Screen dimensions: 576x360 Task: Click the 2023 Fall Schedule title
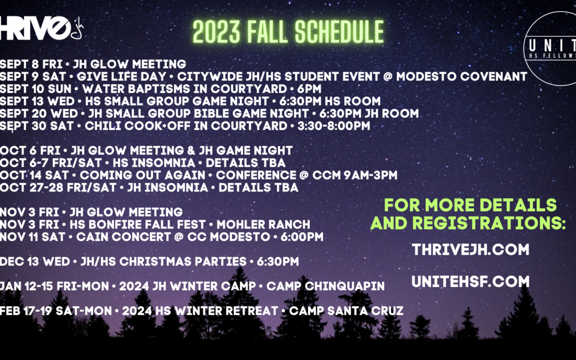tap(289, 32)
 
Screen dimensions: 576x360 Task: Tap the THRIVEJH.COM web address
tap(470, 250)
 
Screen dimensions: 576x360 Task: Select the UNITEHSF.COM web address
tap(470, 282)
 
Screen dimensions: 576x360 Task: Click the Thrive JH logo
tap(41, 28)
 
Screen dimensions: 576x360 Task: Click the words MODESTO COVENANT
tap(462, 76)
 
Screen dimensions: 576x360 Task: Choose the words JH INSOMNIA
tap(167, 188)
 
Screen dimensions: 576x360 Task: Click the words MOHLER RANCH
tap(263, 225)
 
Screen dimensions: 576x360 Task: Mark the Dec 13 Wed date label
tap(35, 261)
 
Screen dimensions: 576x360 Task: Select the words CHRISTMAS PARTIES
tap(183, 261)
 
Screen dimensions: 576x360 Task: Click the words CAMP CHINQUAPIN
tap(325, 286)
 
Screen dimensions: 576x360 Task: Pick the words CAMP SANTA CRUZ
tap(346, 311)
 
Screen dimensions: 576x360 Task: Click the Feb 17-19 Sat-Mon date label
tap(56, 311)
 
